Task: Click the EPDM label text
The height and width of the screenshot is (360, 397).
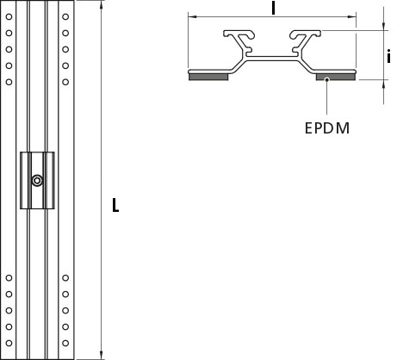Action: [x=327, y=128]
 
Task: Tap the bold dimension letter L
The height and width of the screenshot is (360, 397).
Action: [x=115, y=205]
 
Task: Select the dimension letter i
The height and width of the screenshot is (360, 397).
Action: [x=388, y=56]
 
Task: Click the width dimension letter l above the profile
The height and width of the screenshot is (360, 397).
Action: [x=273, y=8]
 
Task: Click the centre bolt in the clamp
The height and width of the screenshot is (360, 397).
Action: [x=37, y=181]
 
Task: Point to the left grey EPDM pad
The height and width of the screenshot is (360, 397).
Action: [x=208, y=77]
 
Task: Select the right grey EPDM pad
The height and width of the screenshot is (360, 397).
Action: [x=336, y=77]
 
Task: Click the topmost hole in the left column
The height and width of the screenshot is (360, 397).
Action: [x=9, y=16]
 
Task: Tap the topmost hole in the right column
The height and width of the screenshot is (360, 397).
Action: [x=65, y=16]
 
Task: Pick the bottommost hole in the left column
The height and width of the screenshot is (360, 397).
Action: [x=9, y=343]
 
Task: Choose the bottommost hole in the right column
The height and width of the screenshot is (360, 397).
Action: [x=65, y=343]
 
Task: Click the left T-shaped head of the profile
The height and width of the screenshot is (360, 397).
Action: [x=239, y=34]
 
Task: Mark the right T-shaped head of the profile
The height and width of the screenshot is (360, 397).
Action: [x=305, y=34]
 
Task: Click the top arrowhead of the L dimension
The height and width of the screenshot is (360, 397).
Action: [x=101, y=5]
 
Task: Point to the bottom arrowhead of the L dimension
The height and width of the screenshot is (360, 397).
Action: [x=101, y=355]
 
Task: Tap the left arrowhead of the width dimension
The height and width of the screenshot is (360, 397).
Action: [x=193, y=16]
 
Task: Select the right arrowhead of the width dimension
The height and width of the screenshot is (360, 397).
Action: [x=351, y=16]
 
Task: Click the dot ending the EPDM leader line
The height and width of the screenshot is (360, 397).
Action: [x=326, y=79]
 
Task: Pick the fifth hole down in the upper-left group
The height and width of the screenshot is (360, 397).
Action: [x=9, y=82]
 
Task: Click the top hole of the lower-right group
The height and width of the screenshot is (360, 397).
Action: [x=65, y=278]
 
